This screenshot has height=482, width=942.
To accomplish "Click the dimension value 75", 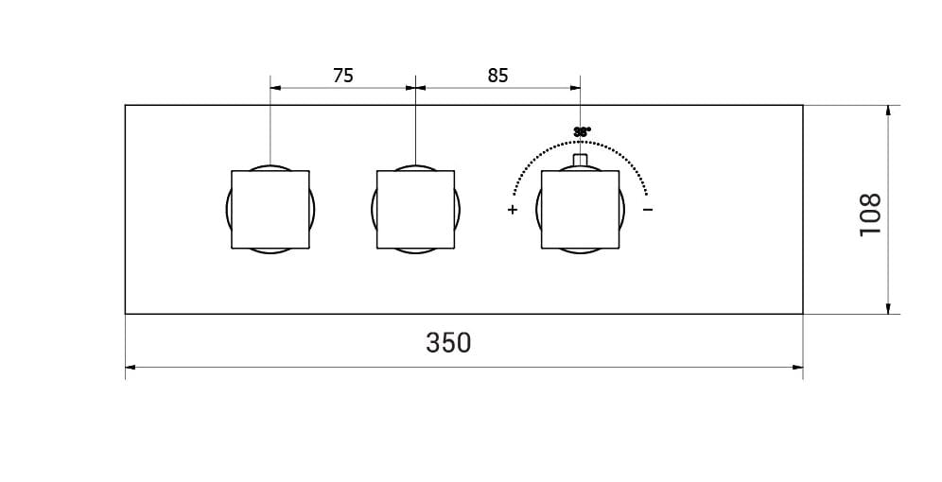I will coord(343,76).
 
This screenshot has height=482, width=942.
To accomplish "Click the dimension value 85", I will coord(498,76).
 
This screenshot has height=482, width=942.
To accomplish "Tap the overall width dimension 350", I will coord(448,342).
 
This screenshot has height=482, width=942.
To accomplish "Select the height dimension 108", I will coord(870,215).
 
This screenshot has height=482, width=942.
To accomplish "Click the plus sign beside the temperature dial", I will coord(513,210).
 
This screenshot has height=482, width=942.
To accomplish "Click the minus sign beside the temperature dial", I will coord(648,209).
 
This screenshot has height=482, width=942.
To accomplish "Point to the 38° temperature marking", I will coord(582,132).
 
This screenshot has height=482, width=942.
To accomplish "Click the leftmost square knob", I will coord(270,209).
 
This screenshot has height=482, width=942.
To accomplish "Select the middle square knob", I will coord(415,209).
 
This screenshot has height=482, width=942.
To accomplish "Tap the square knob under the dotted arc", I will coord(580,209).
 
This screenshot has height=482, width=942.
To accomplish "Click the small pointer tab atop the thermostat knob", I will coord(581,160).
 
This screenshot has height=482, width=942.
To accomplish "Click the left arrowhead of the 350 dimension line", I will coord(130,367).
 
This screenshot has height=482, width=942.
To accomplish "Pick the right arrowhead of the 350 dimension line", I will coord(798,367).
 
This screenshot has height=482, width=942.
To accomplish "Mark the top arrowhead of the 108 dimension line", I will coord(888,110).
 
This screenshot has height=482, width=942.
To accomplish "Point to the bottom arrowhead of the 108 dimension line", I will coord(888,308).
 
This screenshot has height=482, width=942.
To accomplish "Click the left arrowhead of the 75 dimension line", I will coord(275,88).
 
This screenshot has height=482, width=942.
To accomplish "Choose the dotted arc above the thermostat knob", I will coord(615,151).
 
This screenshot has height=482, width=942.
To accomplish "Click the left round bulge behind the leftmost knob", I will coord(228,209).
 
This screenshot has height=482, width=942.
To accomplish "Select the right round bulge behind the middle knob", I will coord(458,209).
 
